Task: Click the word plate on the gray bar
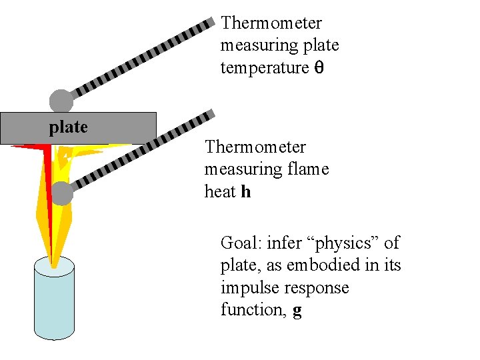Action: [x=68, y=127]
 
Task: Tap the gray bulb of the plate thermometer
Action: [x=61, y=101]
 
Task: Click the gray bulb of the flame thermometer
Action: [x=61, y=193]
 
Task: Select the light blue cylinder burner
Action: [x=54, y=303]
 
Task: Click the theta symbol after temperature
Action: [x=319, y=68]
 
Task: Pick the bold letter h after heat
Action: [x=246, y=192]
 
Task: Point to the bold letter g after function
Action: [x=297, y=311]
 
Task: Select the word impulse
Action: [x=248, y=288]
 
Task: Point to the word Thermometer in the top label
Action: [x=271, y=23]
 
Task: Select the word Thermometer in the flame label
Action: [x=255, y=147]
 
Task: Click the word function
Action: [x=253, y=311]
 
